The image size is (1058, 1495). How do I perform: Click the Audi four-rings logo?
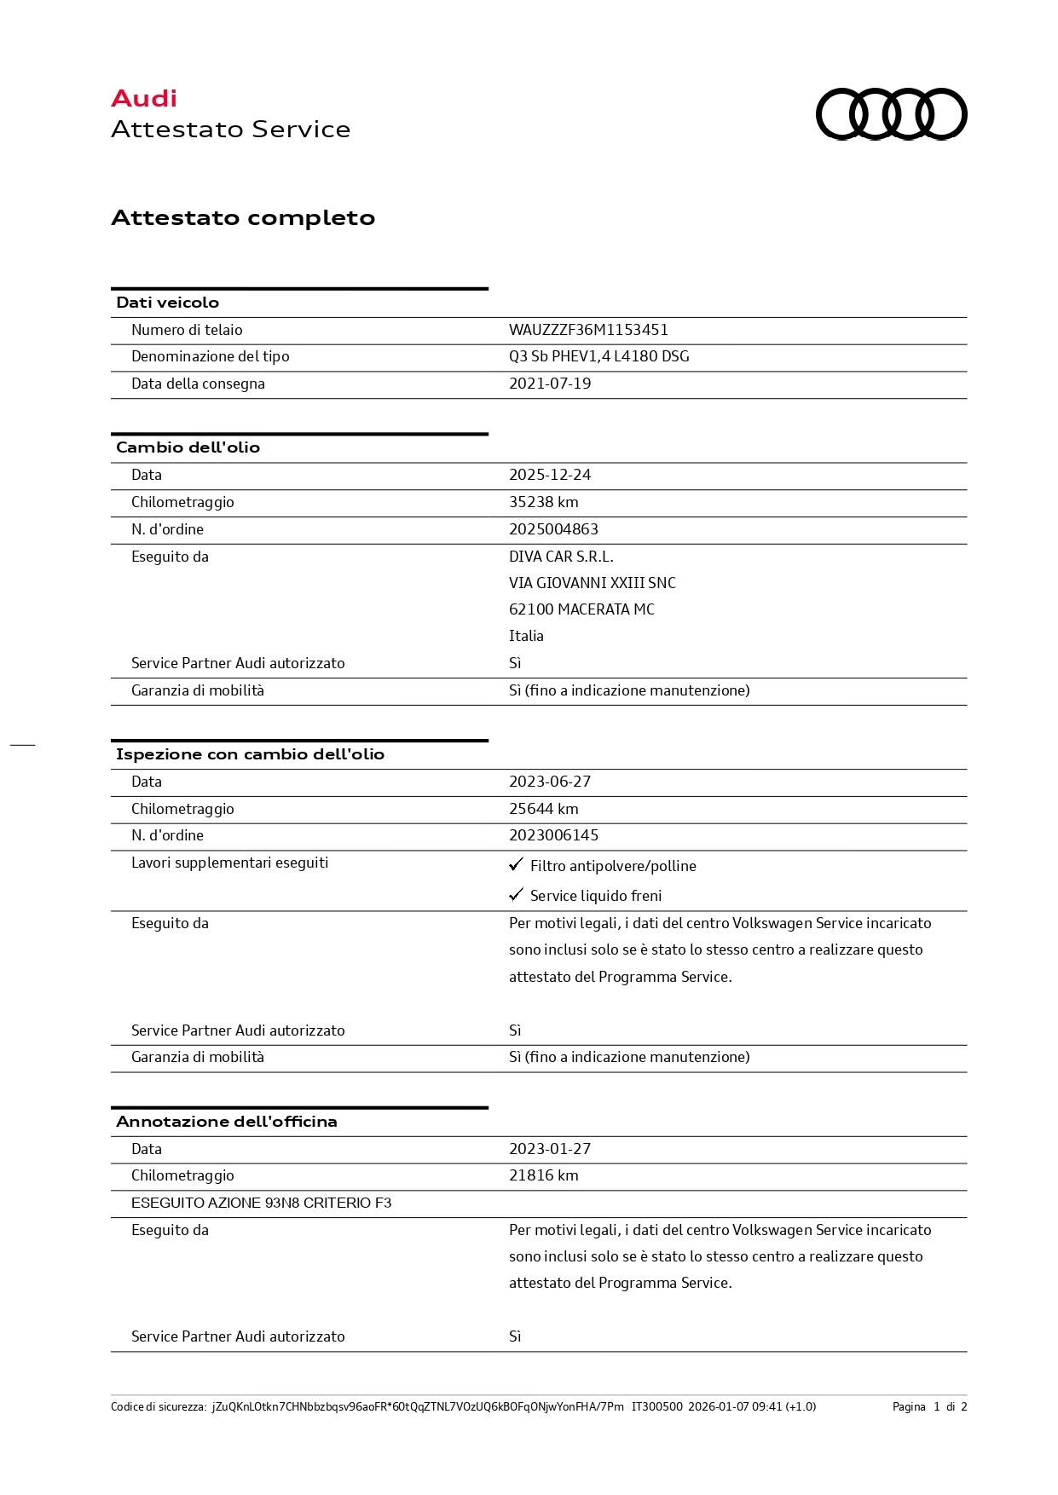pos(891,113)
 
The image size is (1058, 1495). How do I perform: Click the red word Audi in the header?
pos(144,99)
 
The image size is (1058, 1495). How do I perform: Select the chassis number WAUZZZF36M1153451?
pos(588,330)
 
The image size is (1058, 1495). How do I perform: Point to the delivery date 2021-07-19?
pos(550,384)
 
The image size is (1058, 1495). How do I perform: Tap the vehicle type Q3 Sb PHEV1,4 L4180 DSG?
pos(598,356)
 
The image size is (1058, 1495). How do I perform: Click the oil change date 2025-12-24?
pos(550,475)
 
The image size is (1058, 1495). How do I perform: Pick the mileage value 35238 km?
pos(543,502)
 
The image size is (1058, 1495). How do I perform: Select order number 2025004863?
pos(553,529)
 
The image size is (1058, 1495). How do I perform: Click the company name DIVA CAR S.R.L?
pos(561,557)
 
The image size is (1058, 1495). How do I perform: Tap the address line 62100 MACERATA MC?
pos(581,609)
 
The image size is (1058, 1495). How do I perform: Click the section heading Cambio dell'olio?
pos(188,447)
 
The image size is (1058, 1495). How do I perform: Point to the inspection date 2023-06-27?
pos(550,782)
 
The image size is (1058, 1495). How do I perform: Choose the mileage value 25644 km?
pos(543,809)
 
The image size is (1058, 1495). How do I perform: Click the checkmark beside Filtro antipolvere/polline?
pos(516,864)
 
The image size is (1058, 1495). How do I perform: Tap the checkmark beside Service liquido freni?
pos(516,894)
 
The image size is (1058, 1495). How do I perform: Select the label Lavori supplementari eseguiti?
pos(229,863)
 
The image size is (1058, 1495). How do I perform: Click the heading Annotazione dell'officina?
pos(226,1122)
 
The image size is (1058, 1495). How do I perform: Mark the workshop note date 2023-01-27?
pos(550,1149)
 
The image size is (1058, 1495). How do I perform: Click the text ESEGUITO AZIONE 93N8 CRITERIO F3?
pos(261,1203)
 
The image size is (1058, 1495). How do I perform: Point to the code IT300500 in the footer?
pos(656,1406)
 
